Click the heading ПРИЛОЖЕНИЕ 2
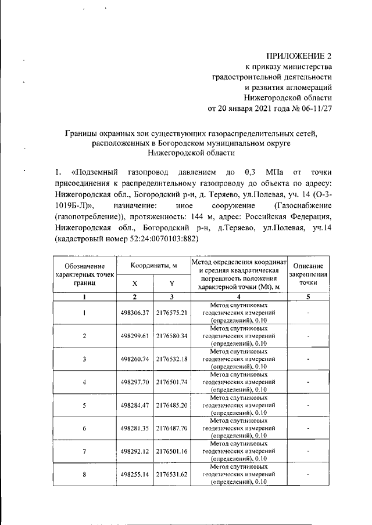pyautogui.click(x=299, y=56)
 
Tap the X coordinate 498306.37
pyautogui.click(x=134, y=313)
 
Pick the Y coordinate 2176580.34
pyautogui.click(x=171, y=336)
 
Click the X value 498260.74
pyautogui.click(x=134, y=359)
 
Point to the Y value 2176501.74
pyautogui.click(x=171, y=382)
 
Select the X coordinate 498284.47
pyautogui.click(x=134, y=404)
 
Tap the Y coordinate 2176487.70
pyautogui.click(x=171, y=428)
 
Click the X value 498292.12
pyautogui.click(x=134, y=450)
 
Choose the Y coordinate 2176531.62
pyautogui.click(x=171, y=473)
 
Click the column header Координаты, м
pyautogui.click(x=153, y=265)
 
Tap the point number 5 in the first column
pyautogui.click(x=84, y=404)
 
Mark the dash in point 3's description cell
pyautogui.click(x=308, y=359)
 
